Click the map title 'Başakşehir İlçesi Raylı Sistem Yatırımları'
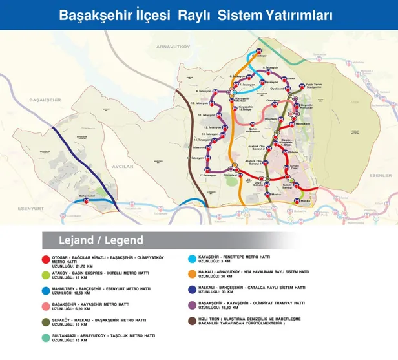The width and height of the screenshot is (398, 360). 196,15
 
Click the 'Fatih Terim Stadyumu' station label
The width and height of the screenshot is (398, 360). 312,87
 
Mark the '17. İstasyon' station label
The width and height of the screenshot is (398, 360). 207,175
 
